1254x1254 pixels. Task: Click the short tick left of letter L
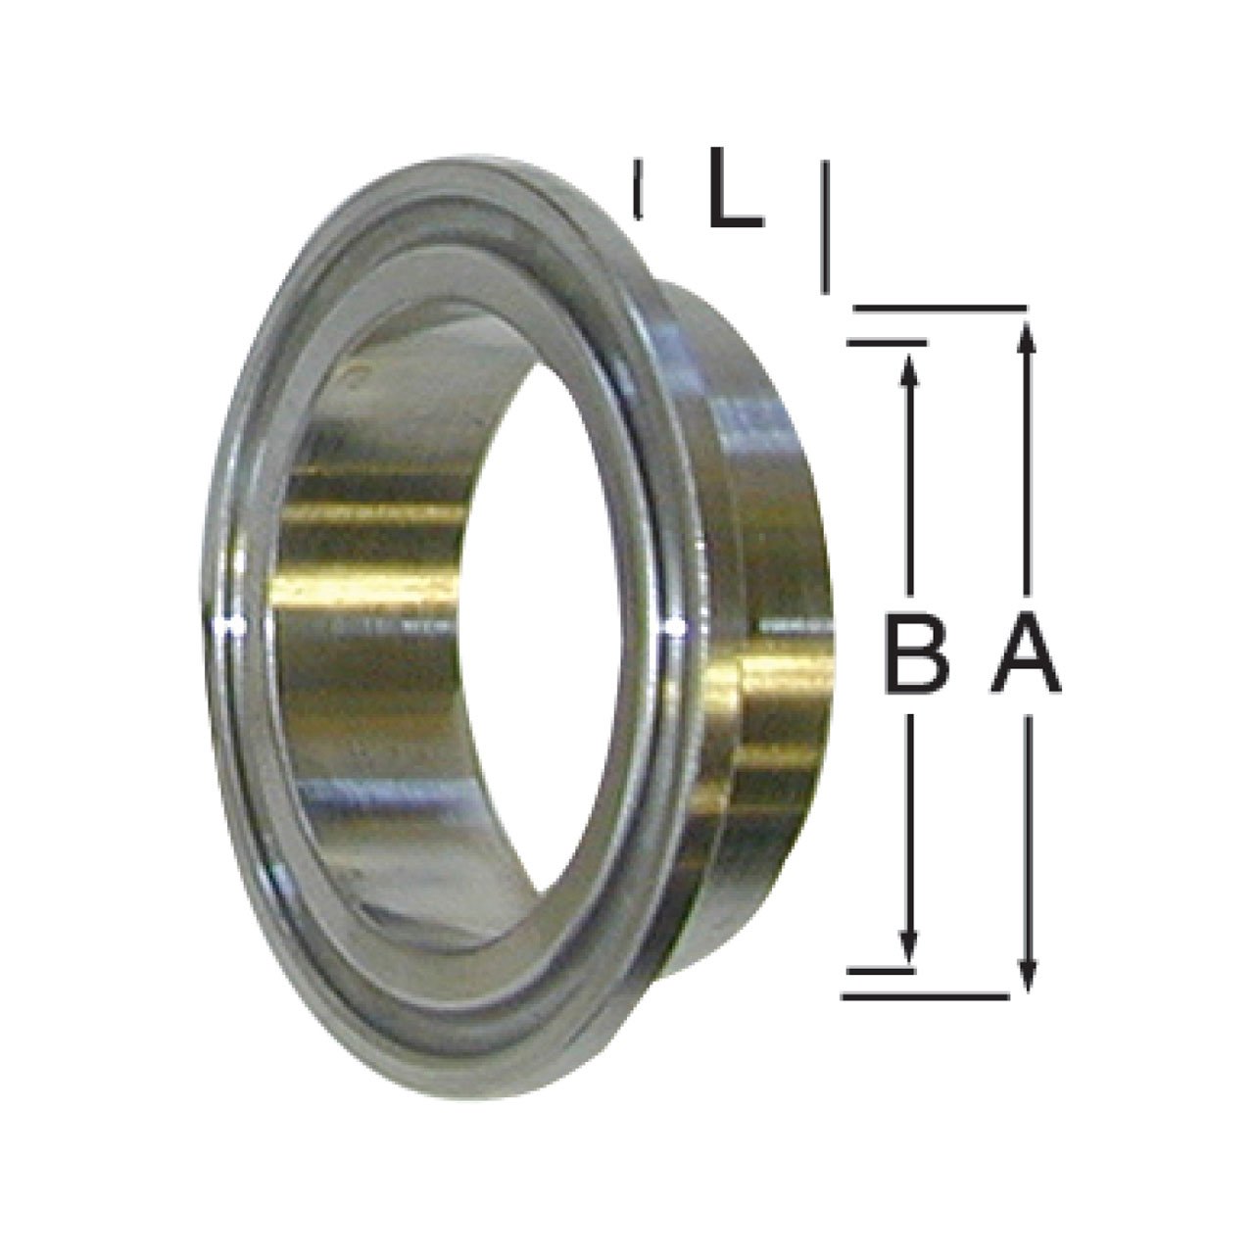[639, 190]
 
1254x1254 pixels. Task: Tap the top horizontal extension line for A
[940, 309]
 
